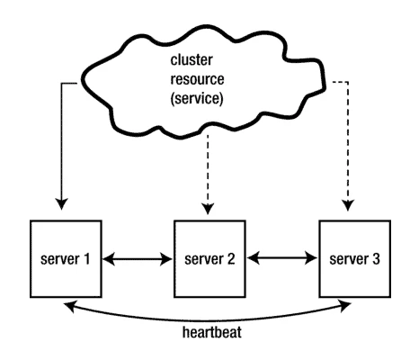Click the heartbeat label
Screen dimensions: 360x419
pos(209,331)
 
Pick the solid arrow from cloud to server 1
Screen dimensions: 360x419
pos(59,144)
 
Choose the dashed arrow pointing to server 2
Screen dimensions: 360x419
pos(209,171)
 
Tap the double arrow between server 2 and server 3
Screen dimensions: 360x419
pos(281,260)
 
